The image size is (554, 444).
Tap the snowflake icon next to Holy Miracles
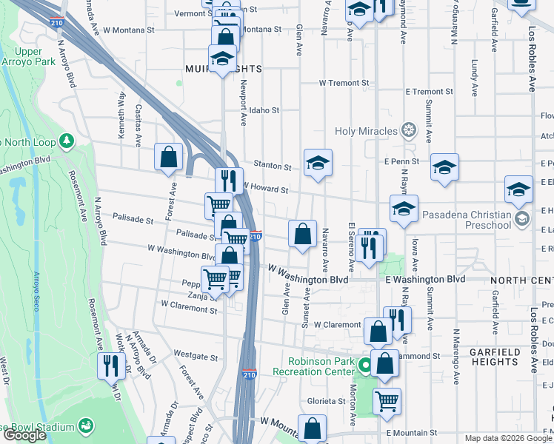(407, 131)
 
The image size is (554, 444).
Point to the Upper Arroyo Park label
(28, 56)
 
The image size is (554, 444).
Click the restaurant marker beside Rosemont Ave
(112, 365)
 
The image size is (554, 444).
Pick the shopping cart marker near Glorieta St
(387, 400)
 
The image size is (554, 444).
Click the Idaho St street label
(264, 110)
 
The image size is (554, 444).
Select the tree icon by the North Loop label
(67, 140)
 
